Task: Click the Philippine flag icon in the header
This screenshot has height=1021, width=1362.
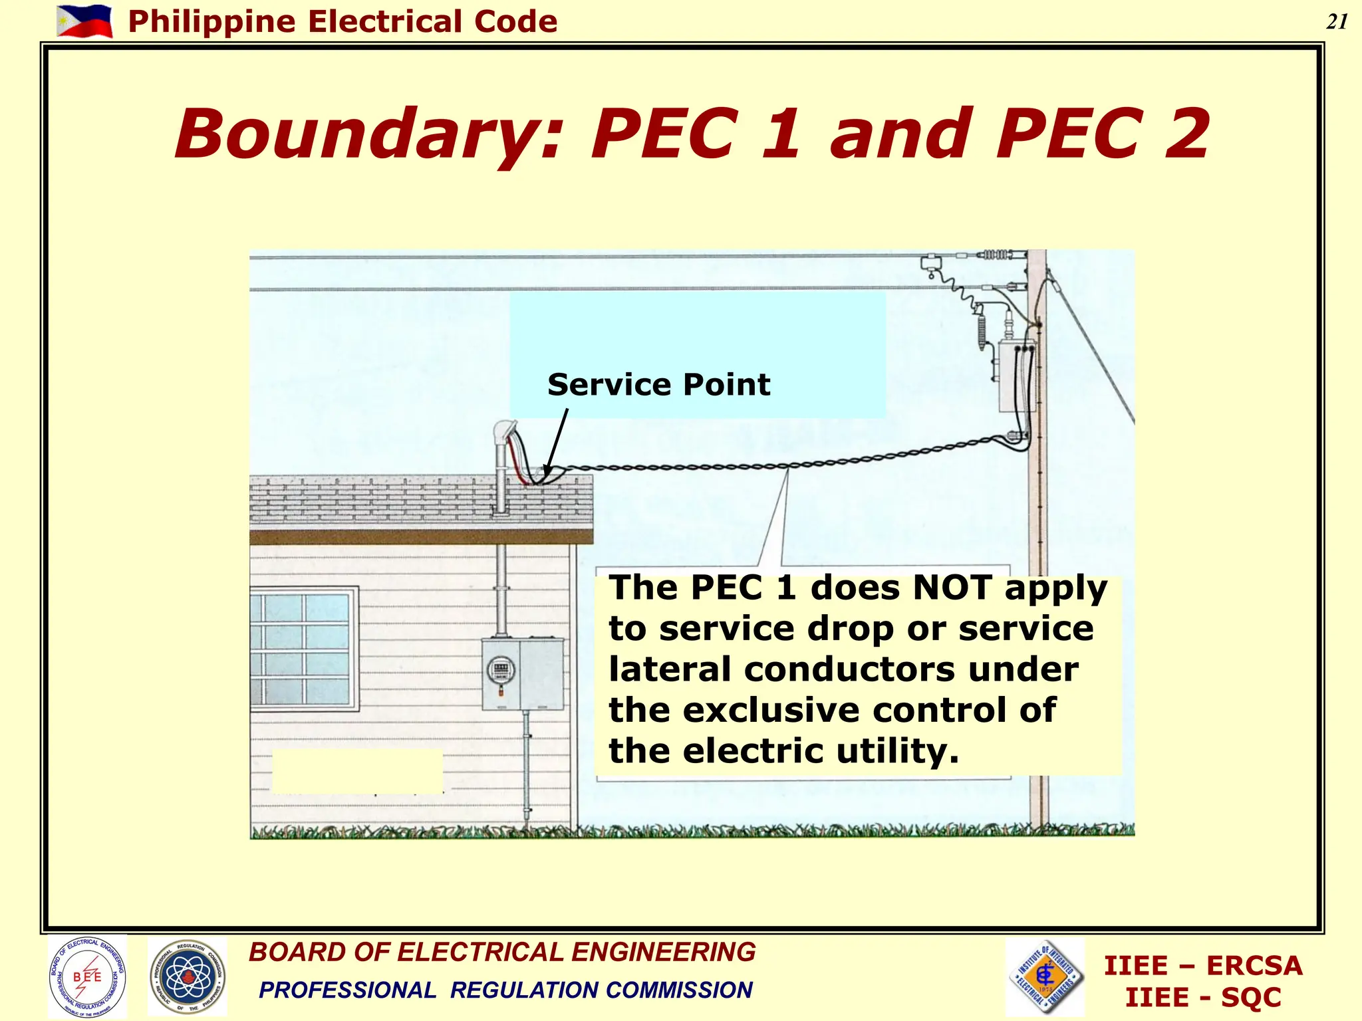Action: coord(84,21)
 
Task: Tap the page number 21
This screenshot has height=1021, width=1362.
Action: coord(1337,22)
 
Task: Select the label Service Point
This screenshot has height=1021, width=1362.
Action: coord(658,385)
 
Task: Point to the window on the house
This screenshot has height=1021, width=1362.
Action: coord(303,649)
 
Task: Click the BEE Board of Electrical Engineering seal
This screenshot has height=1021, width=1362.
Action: coord(87,976)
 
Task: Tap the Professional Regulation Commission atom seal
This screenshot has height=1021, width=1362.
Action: coord(188,976)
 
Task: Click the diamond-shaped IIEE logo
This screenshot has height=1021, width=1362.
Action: coord(1045,976)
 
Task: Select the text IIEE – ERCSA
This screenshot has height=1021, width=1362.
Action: coord(1202,965)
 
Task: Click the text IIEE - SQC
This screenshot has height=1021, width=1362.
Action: coord(1202,998)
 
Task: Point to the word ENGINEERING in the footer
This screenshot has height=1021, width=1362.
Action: coord(664,952)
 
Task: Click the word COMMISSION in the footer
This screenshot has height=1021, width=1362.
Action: coord(679,990)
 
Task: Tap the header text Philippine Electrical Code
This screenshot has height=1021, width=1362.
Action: coord(342,22)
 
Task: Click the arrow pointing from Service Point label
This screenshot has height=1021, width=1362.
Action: coord(556,442)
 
